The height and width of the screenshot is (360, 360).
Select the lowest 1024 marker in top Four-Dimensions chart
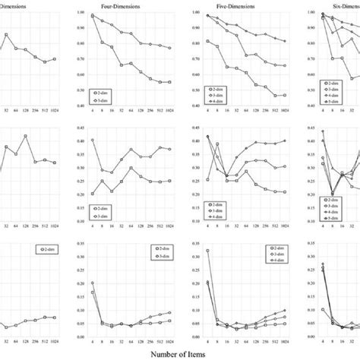click(x=169, y=82)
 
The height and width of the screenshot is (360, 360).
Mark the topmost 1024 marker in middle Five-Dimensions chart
click(x=264, y=141)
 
